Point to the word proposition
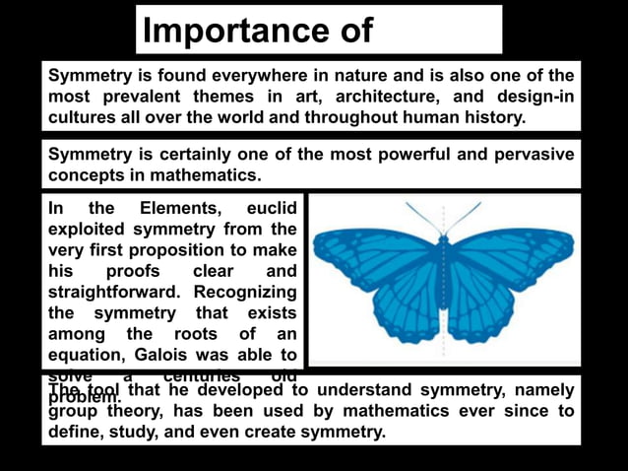click(174, 250)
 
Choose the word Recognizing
click(245, 293)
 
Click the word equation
click(86, 356)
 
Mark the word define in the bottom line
click(74, 432)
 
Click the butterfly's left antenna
click(421, 217)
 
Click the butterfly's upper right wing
click(512, 254)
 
